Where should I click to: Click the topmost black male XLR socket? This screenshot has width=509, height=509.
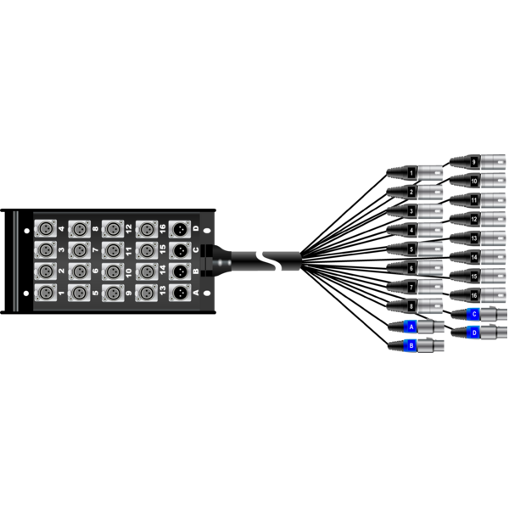pyautogui.click(x=180, y=229)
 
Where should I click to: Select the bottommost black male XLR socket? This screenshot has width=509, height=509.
pyautogui.click(x=180, y=292)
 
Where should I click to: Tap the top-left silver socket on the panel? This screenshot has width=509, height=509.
pyautogui.click(x=44, y=229)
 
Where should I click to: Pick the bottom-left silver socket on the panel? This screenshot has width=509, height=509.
pyautogui.click(x=44, y=292)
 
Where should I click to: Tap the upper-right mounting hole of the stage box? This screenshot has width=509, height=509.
pyautogui.click(x=207, y=230)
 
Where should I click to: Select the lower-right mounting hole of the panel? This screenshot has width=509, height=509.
pyautogui.click(x=207, y=293)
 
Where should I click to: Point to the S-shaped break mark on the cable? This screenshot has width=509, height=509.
pyautogui.click(x=269, y=260)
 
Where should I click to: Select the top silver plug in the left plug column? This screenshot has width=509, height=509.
pyautogui.click(x=415, y=172)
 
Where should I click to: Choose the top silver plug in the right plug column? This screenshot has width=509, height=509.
pyautogui.click(x=478, y=159)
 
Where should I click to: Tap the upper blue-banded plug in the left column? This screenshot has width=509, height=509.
pyautogui.click(x=416, y=327)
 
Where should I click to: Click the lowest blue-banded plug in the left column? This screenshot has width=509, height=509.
pyautogui.click(x=416, y=345)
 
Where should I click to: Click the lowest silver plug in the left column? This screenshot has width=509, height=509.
pyautogui.click(x=415, y=306)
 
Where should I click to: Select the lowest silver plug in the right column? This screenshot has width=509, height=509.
pyautogui.click(x=478, y=294)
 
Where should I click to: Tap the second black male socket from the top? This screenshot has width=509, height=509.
pyautogui.click(x=180, y=250)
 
